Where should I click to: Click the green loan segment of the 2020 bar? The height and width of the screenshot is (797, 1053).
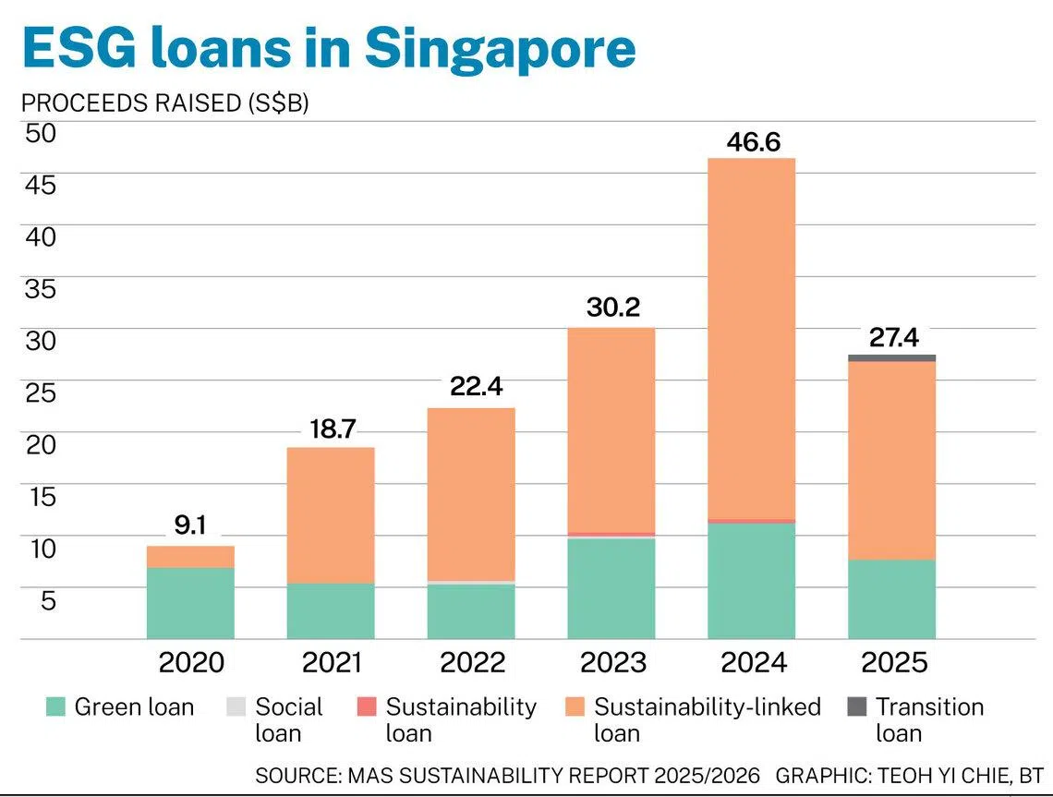tap(190, 603)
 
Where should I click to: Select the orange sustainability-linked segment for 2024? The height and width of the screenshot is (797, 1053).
tap(752, 339)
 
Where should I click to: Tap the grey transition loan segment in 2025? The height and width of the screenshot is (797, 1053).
tap(892, 358)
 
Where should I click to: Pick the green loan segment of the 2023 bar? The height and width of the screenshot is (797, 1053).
tap(611, 588)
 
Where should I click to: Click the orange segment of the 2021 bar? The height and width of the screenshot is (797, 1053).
tap(331, 515)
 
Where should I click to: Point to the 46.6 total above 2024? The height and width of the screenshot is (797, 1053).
tap(754, 141)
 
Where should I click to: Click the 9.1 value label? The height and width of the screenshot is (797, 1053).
tap(190, 525)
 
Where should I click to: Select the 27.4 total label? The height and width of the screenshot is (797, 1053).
tap(894, 337)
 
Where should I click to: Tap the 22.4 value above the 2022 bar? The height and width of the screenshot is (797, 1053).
tap(476, 386)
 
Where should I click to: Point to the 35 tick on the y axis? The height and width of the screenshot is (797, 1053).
tap(41, 289)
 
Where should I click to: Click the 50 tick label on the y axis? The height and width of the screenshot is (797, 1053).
tap(41, 133)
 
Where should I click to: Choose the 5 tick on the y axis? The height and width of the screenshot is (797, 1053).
tap(48, 600)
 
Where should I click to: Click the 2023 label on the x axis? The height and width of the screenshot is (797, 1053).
tap(613, 663)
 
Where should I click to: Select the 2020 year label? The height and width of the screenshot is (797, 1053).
tap(191, 663)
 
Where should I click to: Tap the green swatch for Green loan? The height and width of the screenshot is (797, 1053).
tap(55, 706)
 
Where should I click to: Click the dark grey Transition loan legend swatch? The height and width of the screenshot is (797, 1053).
tap(857, 706)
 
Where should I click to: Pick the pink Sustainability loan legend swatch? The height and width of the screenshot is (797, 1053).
tap(366, 706)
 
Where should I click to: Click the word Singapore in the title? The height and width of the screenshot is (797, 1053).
tap(501, 48)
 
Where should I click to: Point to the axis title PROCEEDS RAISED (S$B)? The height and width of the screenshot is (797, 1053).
tap(165, 103)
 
